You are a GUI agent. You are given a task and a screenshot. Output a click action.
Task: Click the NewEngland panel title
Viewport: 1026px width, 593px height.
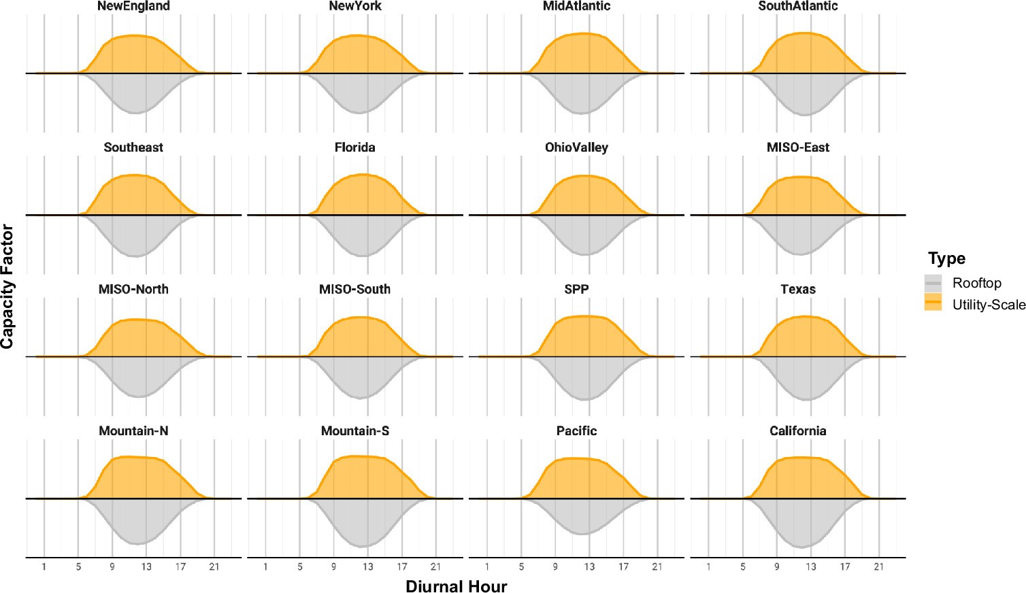(x=133, y=6)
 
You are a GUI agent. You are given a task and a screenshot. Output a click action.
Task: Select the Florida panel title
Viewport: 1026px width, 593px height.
(x=354, y=148)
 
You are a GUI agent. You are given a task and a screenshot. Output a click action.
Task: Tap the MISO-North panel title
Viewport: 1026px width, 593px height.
(x=133, y=289)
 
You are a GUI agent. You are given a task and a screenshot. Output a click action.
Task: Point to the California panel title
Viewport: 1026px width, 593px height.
(x=797, y=431)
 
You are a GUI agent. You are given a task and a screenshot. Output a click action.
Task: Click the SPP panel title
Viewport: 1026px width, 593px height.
(x=576, y=289)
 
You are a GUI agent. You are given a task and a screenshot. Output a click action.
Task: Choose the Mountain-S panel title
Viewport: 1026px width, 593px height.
(x=354, y=431)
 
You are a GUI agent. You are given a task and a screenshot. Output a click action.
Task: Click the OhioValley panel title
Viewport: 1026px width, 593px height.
(x=576, y=148)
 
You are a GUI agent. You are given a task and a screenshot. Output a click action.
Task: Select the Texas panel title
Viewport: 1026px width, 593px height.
(x=797, y=289)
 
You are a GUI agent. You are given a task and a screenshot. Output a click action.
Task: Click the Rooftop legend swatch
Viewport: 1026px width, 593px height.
(x=933, y=283)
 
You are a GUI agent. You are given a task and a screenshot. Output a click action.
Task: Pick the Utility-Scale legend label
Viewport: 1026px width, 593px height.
(x=989, y=305)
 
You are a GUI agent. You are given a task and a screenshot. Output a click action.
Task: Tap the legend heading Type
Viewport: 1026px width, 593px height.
(x=946, y=258)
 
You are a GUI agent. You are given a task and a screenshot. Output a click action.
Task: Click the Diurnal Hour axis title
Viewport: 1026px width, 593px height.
(x=456, y=586)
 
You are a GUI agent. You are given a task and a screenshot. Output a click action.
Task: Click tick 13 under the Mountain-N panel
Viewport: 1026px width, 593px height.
(x=146, y=566)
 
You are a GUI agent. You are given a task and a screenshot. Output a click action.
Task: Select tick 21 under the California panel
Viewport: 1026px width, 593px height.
(x=878, y=566)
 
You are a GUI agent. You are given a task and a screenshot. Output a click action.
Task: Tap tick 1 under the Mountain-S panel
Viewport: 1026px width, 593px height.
(x=265, y=566)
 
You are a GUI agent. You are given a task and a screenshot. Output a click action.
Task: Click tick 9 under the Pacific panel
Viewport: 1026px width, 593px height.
(x=555, y=566)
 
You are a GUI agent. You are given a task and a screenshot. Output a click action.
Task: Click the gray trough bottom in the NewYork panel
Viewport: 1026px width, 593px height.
(x=359, y=113)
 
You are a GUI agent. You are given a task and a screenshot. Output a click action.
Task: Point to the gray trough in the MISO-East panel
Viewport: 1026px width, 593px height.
(x=801, y=254)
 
